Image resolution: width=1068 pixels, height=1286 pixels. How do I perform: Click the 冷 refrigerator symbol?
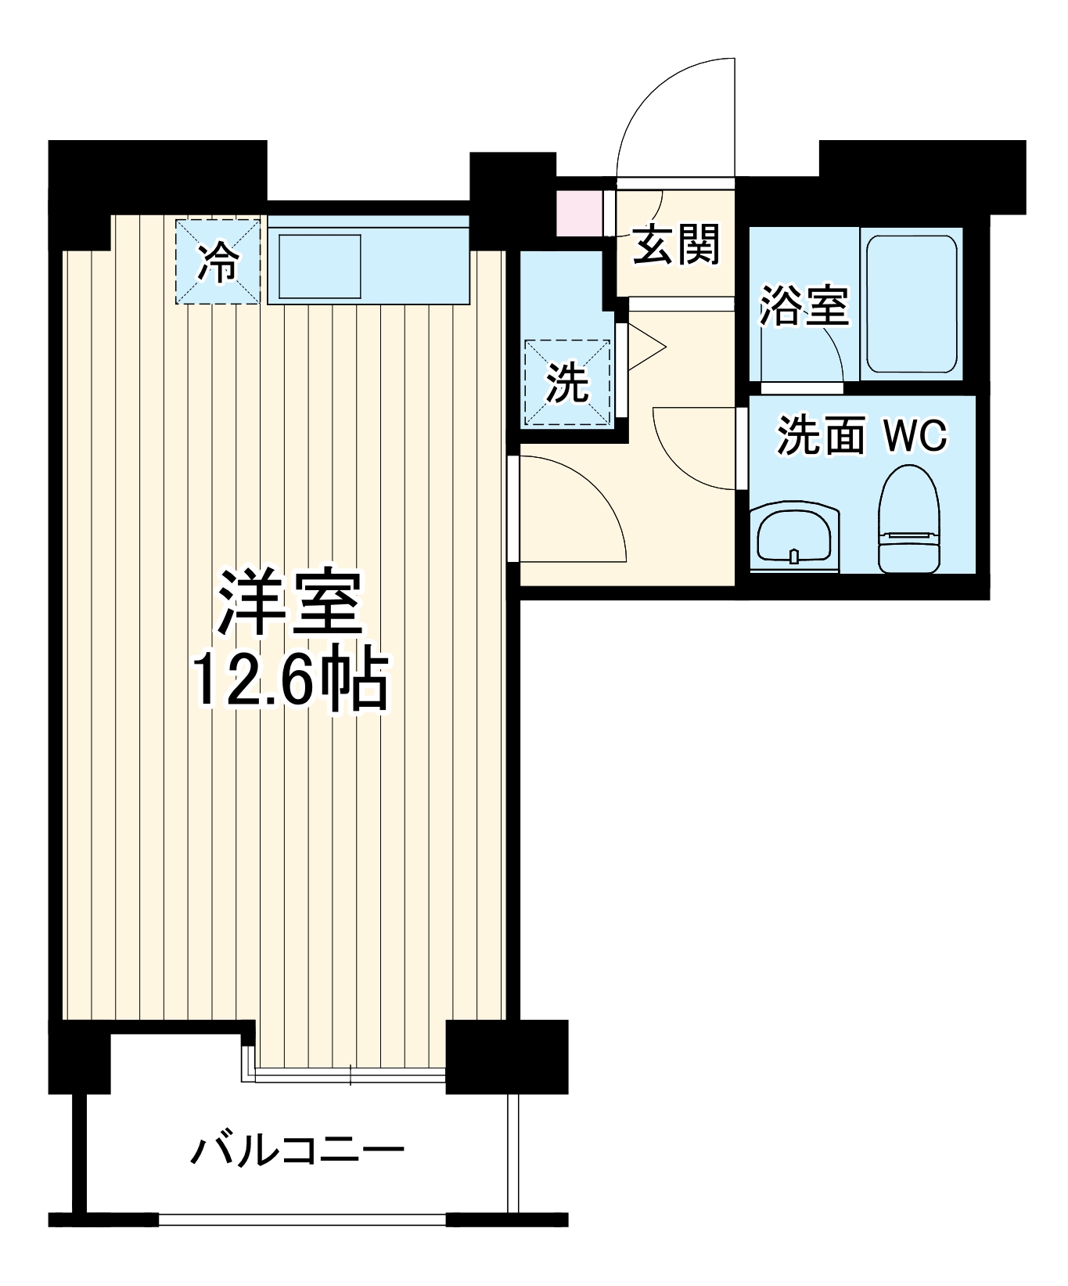[218, 262]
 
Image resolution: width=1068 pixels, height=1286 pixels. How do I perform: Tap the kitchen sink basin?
[319, 266]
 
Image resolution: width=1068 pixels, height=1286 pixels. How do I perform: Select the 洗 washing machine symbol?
[567, 383]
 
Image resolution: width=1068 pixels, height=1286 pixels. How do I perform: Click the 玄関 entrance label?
[675, 244]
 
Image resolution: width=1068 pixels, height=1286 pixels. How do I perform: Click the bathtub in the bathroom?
[912, 302]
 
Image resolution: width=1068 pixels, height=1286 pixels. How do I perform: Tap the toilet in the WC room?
[908, 521]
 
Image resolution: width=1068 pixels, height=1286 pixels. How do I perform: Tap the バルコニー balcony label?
[297, 1151]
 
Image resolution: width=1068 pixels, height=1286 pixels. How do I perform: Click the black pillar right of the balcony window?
[506, 1057]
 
